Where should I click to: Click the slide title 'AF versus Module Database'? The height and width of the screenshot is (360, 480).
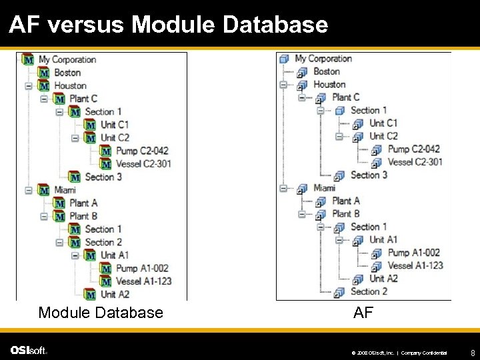[168, 25]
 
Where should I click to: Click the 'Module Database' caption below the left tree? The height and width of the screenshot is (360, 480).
[101, 312]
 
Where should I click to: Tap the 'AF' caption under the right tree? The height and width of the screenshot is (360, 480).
[363, 312]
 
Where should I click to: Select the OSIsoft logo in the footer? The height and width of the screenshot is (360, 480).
[29, 351]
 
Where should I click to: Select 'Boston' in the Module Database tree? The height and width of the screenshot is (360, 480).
[67, 72]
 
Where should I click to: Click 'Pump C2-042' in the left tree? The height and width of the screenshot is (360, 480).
[142, 151]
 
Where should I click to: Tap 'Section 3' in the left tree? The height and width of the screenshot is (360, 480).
[103, 177]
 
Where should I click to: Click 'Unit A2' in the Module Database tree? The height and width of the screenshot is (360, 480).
[115, 294]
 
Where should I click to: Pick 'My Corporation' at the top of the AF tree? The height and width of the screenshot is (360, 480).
[323, 59]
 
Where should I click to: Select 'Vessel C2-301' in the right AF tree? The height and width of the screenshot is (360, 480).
[415, 162]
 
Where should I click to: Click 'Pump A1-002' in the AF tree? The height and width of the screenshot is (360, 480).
[414, 253]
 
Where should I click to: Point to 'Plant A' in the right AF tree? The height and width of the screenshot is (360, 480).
[346, 201]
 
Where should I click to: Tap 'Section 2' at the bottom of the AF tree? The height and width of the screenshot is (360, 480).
[369, 291]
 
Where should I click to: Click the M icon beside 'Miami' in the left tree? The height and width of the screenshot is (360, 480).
[44, 190]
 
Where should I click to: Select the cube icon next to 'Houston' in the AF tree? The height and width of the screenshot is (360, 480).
[302, 85]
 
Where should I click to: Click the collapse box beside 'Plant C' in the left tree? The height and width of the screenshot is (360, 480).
[43, 99]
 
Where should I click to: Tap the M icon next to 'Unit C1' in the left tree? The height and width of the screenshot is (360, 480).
[90, 125]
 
